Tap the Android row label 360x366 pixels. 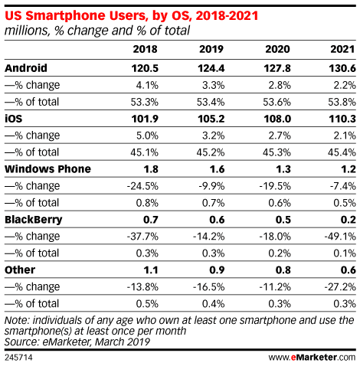(x=26, y=67)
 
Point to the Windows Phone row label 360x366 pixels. (x=47, y=168)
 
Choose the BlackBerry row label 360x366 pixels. (x=34, y=219)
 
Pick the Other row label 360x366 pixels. (x=21, y=270)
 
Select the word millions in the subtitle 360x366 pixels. (x=25, y=31)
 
